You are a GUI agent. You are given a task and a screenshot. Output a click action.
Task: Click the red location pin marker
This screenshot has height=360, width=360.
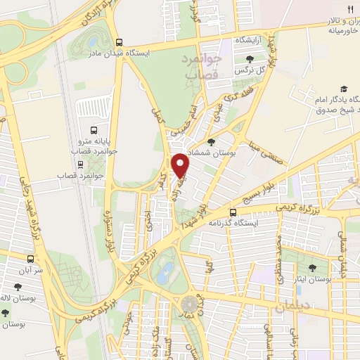point(181,165)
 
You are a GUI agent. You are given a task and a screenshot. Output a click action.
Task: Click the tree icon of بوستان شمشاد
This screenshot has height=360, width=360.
point(221,143)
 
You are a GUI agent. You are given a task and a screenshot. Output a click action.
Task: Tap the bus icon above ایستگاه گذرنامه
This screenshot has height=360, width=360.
point(233,212)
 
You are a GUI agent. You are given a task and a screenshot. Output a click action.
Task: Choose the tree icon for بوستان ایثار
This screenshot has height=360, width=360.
point(312,268)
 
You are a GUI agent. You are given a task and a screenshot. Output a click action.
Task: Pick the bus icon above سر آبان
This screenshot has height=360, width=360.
point(30,259)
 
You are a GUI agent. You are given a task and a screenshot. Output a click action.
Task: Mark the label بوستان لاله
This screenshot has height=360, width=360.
point(18,298)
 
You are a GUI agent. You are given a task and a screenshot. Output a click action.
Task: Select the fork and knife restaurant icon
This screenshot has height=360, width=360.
point(350,10)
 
